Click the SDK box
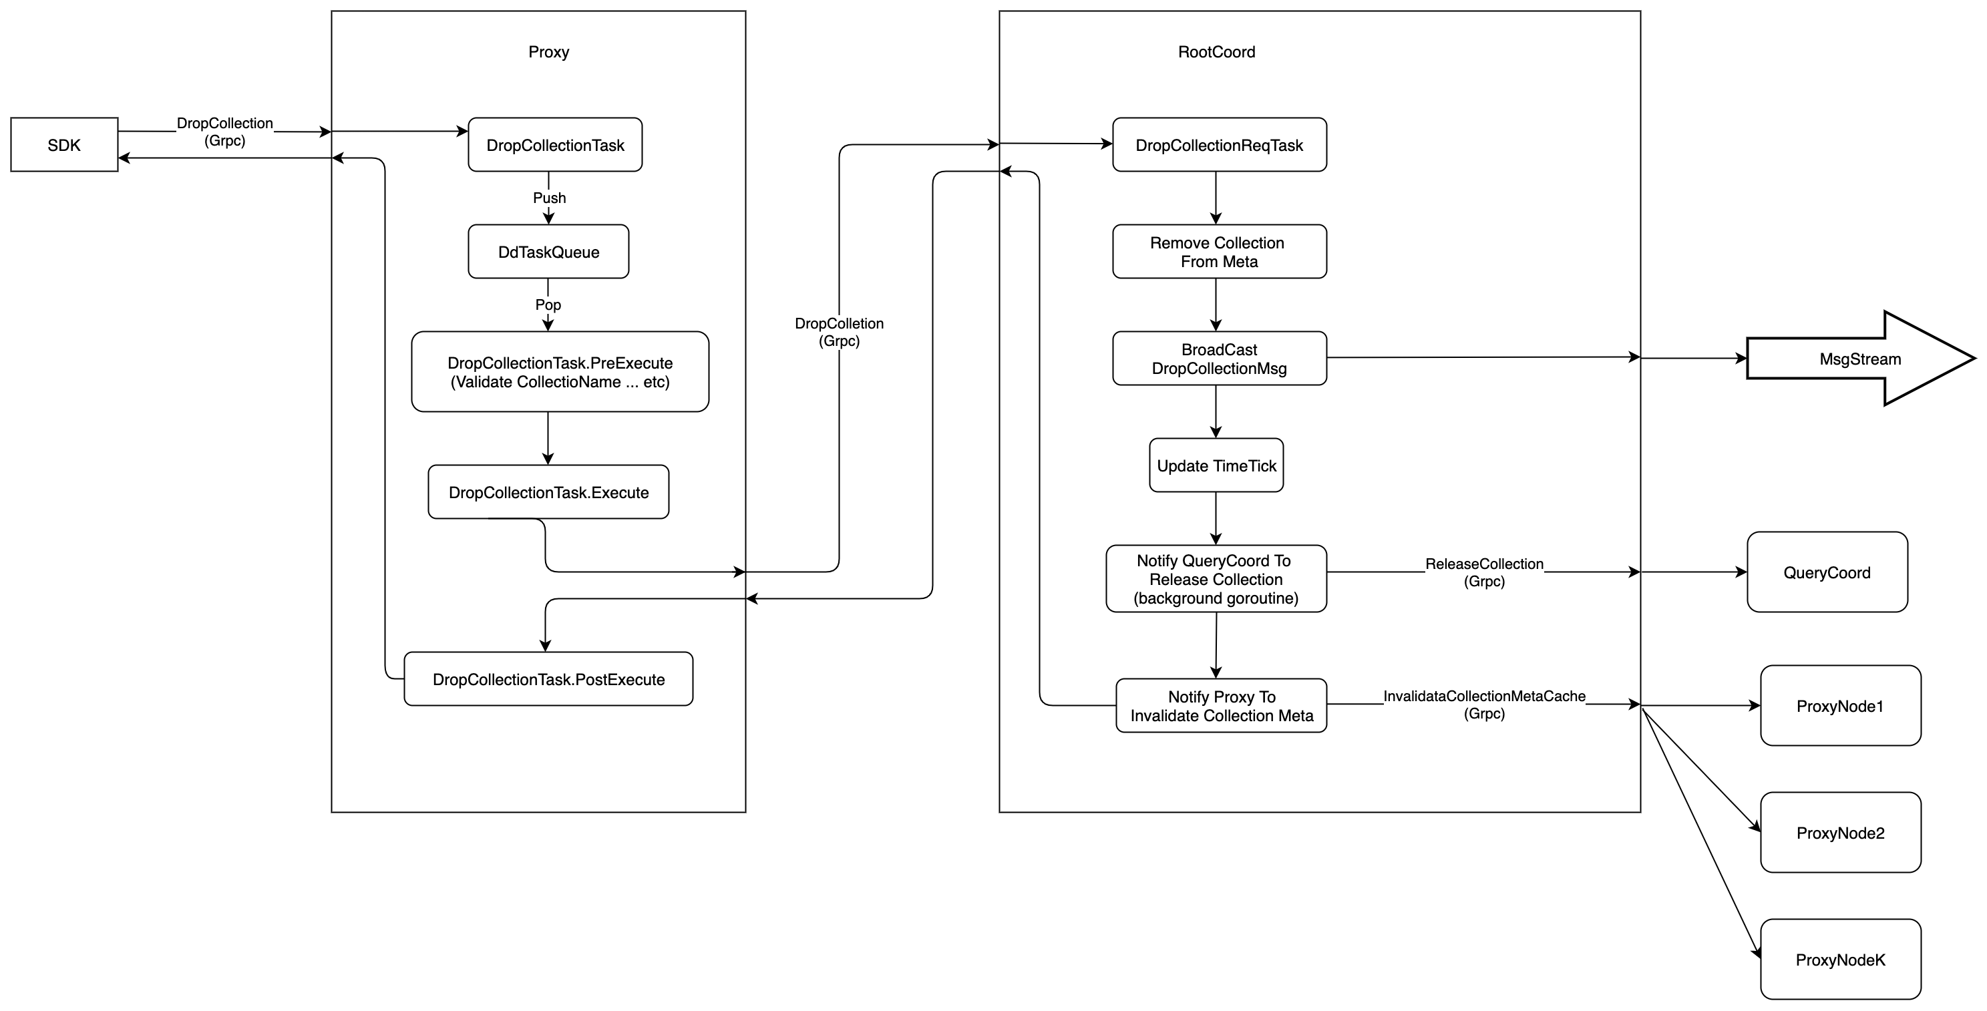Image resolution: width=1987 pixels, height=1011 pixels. (x=64, y=145)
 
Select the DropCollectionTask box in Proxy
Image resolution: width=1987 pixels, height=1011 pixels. (x=556, y=145)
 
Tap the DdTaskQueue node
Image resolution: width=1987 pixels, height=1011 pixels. (x=548, y=252)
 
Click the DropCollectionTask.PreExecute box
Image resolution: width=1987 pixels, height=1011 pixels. (x=560, y=372)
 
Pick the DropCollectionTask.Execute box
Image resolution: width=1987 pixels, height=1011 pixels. (x=548, y=492)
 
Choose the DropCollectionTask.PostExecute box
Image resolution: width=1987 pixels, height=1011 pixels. (x=548, y=679)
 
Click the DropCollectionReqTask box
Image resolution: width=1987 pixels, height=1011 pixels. (x=1219, y=145)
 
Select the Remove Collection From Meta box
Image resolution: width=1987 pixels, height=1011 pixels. (x=1219, y=252)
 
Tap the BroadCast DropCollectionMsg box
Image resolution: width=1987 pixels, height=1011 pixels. (x=1219, y=359)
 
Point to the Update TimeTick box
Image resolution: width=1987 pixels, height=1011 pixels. (x=1216, y=466)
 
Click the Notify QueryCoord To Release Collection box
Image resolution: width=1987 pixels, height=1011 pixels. (x=1216, y=579)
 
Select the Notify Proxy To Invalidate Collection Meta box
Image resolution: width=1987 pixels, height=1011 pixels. (x=1221, y=706)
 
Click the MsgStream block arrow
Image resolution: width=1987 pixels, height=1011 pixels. (x=1859, y=359)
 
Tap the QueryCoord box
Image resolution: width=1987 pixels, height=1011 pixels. (x=1827, y=572)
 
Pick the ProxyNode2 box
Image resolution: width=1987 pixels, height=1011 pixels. (x=1841, y=833)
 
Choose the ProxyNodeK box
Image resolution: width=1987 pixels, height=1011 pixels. (x=1841, y=960)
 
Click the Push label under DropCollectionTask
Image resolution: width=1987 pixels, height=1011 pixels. (x=549, y=198)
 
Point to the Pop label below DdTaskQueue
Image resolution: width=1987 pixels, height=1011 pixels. (x=548, y=305)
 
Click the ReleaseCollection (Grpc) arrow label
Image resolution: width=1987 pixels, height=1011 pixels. (x=1484, y=572)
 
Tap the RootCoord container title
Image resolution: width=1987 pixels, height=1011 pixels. (x=1216, y=51)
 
